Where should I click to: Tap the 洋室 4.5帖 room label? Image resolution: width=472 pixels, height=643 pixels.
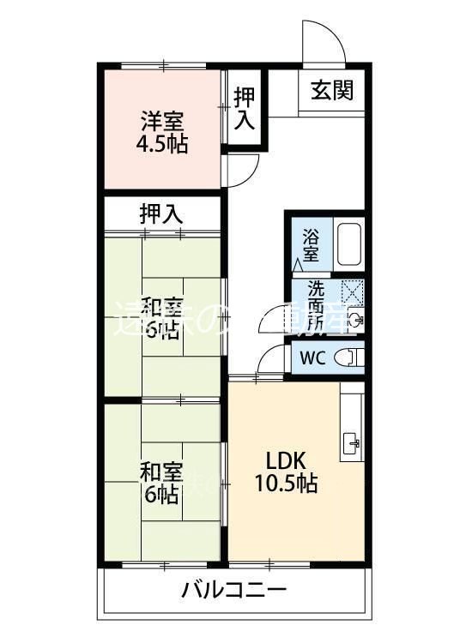[x=162, y=133]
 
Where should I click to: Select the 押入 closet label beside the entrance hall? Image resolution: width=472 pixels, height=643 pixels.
[x=245, y=109]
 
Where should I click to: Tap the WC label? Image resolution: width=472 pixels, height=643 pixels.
[x=312, y=358]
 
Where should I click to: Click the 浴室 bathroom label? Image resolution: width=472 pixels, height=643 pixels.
[x=311, y=243]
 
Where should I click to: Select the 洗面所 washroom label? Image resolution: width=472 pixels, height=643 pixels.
[x=311, y=307]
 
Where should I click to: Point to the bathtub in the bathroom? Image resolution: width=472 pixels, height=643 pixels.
[x=348, y=244]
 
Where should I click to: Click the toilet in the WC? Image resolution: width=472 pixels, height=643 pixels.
[x=348, y=358]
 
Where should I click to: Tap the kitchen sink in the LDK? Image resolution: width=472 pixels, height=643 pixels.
[x=352, y=443]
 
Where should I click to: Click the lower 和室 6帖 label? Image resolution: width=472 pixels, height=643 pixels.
[x=161, y=482]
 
